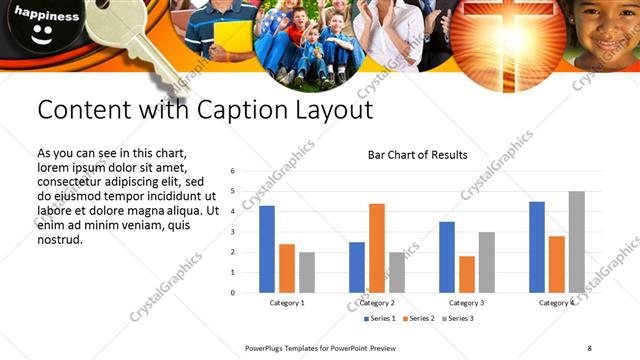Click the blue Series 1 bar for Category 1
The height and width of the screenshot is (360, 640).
[x=267, y=249]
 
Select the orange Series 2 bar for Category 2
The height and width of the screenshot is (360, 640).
[x=377, y=248]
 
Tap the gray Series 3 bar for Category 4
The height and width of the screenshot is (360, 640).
[x=577, y=242]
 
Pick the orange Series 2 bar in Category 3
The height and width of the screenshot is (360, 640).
[x=467, y=274]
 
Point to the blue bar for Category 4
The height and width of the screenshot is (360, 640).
[x=537, y=247]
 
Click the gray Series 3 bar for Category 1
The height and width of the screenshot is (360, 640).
[x=307, y=272]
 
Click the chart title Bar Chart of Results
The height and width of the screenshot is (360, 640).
[x=417, y=155]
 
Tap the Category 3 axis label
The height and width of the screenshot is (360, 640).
[x=467, y=302]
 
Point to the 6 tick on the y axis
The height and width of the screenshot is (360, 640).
[x=232, y=171]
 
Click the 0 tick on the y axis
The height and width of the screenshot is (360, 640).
[x=232, y=293]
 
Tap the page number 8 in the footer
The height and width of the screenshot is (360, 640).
[x=590, y=348]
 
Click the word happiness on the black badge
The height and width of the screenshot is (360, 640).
[x=46, y=17]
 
